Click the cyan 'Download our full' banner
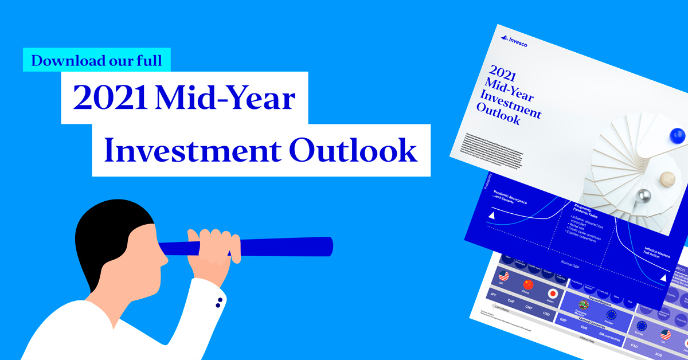point(97,60)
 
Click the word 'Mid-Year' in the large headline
point(226,99)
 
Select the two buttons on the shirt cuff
point(218,304)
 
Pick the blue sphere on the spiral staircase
point(677,136)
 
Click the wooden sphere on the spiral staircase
point(667,179)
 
